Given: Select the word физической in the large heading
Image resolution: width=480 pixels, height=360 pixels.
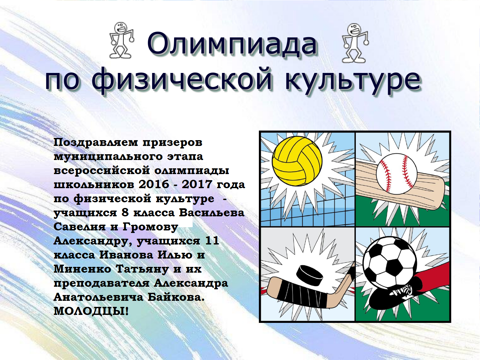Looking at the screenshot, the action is pos(182,80).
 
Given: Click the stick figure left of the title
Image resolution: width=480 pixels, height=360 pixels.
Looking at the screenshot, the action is pos(122,40).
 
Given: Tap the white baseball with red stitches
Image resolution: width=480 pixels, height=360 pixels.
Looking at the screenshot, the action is pos(396,173).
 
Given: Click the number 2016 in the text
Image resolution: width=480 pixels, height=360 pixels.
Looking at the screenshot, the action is pos(154,184).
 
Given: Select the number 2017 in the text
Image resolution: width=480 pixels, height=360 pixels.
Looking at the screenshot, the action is pos(197,184).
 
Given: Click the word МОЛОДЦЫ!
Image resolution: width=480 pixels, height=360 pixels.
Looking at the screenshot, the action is pos(91,311).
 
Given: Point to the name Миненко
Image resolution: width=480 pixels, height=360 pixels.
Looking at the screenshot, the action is pos(83,269).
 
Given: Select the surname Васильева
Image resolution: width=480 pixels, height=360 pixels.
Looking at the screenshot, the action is pos(212,213).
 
